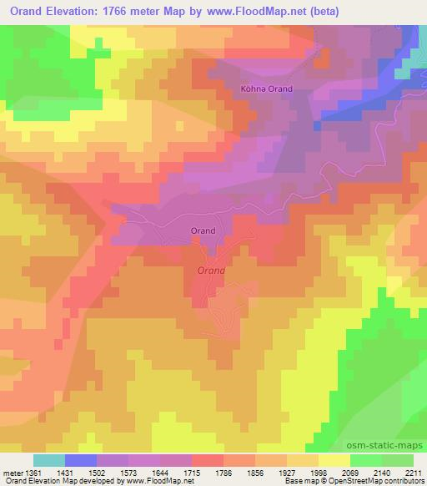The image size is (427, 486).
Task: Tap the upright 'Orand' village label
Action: pyautogui.click(x=203, y=230)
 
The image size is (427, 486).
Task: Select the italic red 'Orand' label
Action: pyautogui.click(x=211, y=271)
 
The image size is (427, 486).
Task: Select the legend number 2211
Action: pyautogui.click(x=414, y=473)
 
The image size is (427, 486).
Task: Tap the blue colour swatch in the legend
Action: pyautogui.click(x=81, y=460)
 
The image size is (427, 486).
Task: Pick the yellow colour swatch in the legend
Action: pyautogui.click(x=334, y=460)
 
